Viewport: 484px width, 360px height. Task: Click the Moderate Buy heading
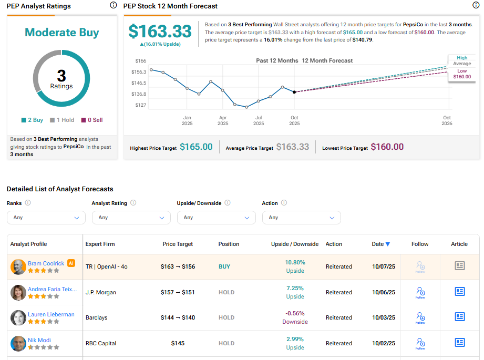(x=61, y=33)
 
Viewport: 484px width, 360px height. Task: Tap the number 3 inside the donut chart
(x=61, y=76)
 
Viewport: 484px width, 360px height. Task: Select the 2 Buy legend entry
(x=33, y=120)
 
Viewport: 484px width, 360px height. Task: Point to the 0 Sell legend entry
(x=91, y=120)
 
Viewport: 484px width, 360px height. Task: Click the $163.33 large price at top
(x=160, y=32)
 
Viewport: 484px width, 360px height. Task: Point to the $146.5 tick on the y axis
(x=139, y=83)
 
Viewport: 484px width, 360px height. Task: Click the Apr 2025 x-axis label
(x=223, y=120)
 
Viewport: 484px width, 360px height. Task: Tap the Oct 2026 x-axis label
(x=447, y=120)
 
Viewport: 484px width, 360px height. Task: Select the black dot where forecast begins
(x=294, y=92)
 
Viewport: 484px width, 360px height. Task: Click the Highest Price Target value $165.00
(x=196, y=147)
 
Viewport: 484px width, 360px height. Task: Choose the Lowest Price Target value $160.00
(x=387, y=147)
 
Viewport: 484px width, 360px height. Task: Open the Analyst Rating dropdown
(x=131, y=218)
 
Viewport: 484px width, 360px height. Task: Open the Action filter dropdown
(x=302, y=218)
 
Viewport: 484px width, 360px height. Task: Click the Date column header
(x=380, y=244)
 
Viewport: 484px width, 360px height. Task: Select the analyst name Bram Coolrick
(x=46, y=263)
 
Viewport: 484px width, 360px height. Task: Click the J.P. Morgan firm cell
(x=101, y=292)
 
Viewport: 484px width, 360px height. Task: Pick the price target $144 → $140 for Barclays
(x=178, y=317)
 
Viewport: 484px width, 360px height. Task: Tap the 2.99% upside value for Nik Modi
(x=295, y=339)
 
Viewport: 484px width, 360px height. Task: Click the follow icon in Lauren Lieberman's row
(x=420, y=317)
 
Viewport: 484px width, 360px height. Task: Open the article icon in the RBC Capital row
(x=459, y=343)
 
